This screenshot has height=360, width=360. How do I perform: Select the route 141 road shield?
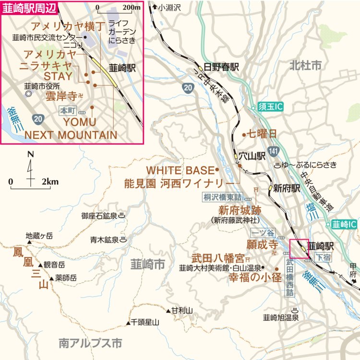click(273, 151)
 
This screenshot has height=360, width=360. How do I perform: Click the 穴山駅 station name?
click(253, 156)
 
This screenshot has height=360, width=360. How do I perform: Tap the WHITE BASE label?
click(179, 170)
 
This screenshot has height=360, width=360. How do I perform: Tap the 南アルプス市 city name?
click(90, 343)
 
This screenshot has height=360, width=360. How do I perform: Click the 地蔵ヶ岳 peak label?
click(39, 235)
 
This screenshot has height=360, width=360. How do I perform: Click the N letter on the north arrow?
click(31, 155)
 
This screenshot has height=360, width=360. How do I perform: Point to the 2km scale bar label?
click(50, 182)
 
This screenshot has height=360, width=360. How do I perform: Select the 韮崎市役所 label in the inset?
click(42, 86)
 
